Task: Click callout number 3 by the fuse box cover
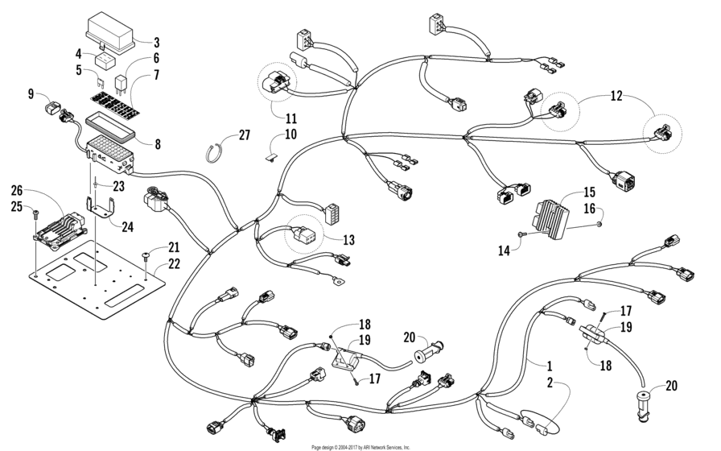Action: (x=156, y=42)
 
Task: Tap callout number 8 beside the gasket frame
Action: (x=157, y=145)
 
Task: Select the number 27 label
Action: (x=245, y=136)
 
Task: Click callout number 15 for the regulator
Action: (x=588, y=192)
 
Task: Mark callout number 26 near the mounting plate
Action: (x=17, y=191)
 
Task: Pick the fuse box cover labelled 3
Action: (x=113, y=32)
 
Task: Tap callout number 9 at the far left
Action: (x=31, y=94)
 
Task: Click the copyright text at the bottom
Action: (x=360, y=446)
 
